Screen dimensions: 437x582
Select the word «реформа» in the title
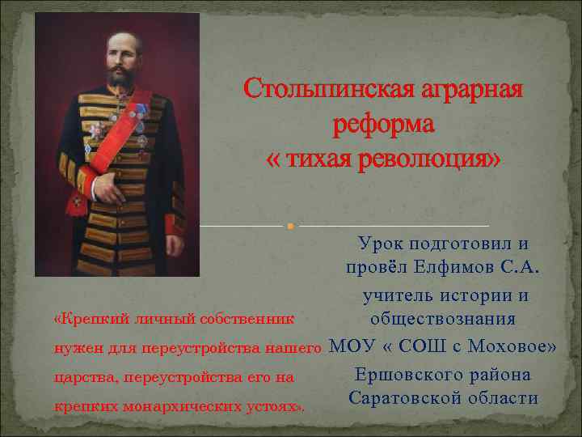(x=383, y=124)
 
